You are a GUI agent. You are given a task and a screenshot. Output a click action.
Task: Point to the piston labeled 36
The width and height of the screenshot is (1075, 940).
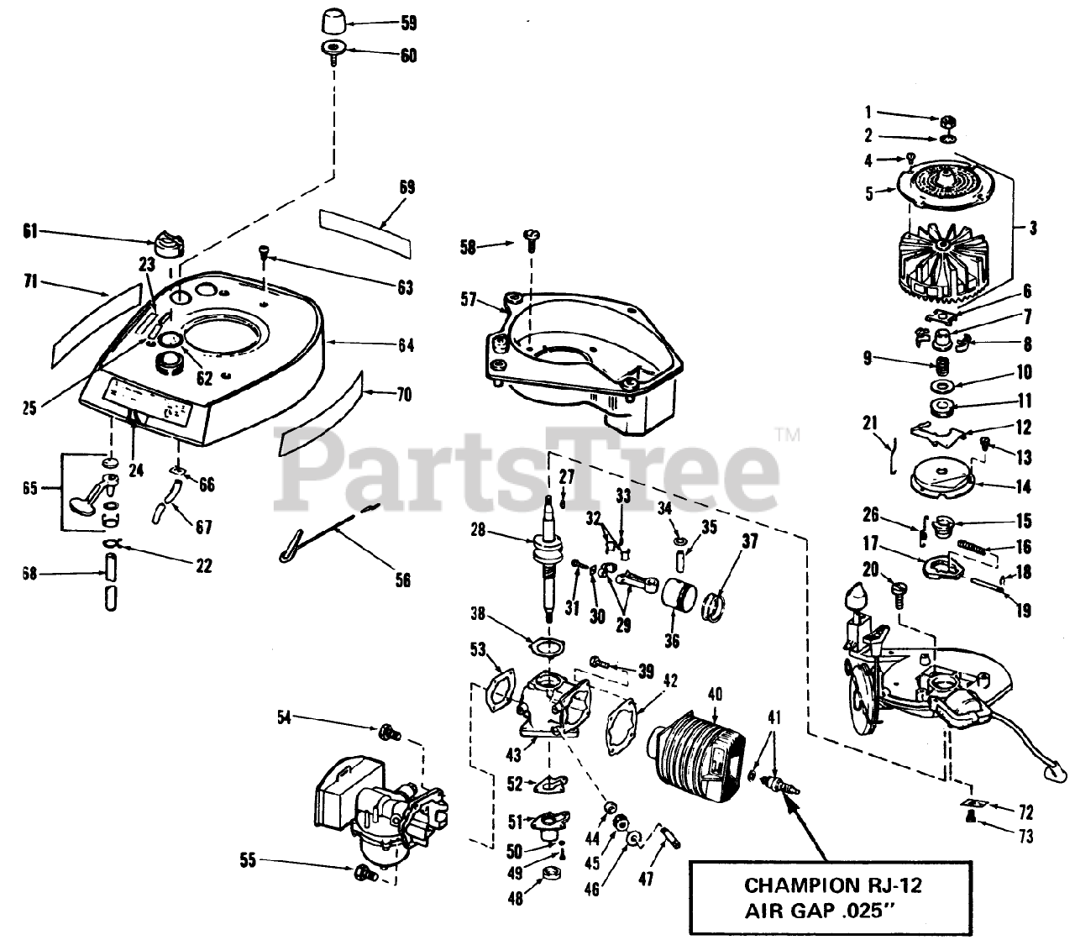coord(678,599)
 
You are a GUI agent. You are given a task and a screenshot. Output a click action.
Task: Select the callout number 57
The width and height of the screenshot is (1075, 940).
coord(468,298)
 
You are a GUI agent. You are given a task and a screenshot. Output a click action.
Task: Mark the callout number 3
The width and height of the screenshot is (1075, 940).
coord(1032,227)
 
